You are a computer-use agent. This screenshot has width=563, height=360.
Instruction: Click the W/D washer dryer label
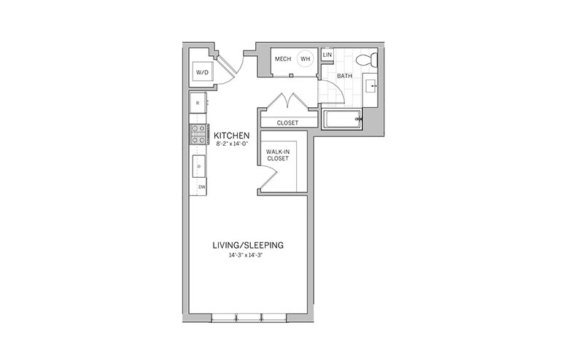click(x=202, y=72)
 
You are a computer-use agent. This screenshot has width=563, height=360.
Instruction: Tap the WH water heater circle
click(x=305, y=58)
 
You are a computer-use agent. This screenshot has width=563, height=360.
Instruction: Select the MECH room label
click(x=283, y=58)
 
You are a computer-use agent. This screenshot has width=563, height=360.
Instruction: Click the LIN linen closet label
click(x=327, y=55)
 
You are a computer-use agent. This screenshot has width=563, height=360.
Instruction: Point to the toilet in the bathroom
click(x=367, y=60)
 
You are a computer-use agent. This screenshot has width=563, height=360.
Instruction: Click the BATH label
click(x=344, y=76)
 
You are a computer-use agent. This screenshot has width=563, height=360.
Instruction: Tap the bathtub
click(x=342, y=118)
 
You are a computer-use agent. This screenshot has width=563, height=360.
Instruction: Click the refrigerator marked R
click(x=198, y=103)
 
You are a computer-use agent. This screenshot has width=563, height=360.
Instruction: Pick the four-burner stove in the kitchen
click(x=199, y=134)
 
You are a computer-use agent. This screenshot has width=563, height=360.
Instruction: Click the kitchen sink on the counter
click(x=199, y=166)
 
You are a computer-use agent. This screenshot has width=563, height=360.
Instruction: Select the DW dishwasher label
click(x=202, y=187)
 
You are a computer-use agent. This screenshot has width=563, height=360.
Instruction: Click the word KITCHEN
click(x=232, y=136)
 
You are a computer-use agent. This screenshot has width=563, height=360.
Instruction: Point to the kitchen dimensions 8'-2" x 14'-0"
click(x=232, y=144)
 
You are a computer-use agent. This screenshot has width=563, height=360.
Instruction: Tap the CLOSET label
click(x=287, y=122)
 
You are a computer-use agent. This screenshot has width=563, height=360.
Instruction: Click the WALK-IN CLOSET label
click(x=278, y=155)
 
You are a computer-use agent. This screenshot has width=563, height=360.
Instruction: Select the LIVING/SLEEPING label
click(x=248, y=245)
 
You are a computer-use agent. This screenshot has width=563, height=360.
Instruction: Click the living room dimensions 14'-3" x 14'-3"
click(x=248, y=256)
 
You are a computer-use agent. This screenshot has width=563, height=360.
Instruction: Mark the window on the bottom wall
click(x=249, y=317)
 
